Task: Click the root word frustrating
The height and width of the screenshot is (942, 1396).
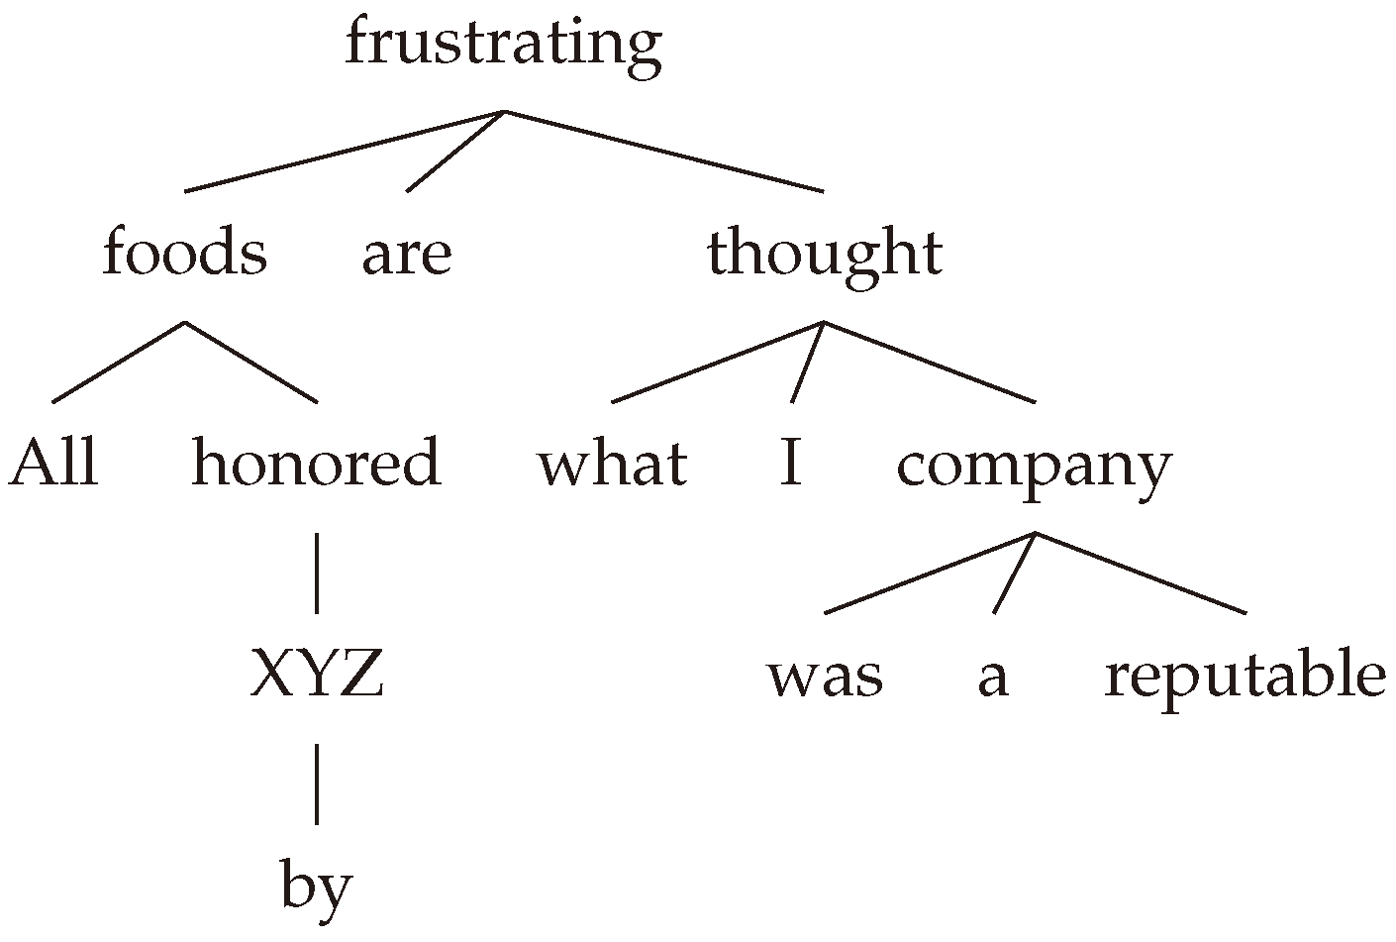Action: (503, 45)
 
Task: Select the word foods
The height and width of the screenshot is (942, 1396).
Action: (184, 253)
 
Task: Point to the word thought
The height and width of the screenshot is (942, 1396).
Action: (824, 253)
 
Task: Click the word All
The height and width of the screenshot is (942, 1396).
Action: (53, 464)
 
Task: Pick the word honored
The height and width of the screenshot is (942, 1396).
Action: (316, 464)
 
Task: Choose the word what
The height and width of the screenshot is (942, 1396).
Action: (612, 464)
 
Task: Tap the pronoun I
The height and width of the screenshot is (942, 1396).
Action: (790, 464)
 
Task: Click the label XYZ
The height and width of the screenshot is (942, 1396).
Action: (316, 676)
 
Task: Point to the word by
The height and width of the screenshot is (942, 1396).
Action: (316, 888)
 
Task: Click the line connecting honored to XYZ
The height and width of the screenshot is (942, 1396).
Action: (316, 573)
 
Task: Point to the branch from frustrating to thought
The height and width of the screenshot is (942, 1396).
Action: (663, 151)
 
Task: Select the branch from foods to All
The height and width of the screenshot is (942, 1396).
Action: (119, 363)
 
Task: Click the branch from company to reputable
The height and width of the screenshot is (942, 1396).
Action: (1140, 573)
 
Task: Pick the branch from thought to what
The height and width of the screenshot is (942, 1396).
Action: (718, 363)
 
